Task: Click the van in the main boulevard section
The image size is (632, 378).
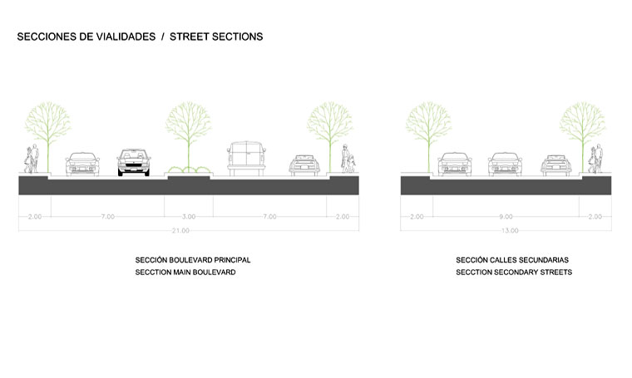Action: (x=248, y=158)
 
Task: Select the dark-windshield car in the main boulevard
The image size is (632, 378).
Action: (x=134, y=161)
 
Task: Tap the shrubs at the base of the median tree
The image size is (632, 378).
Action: (x=189, y=170)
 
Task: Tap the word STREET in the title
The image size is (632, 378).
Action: (x=191, y=37)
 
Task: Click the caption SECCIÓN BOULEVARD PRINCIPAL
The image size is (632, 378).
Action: (x=192, y=260)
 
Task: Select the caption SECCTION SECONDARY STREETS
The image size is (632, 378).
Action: (x=514, y=272)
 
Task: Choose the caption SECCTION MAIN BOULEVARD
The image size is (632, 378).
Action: (x=185, y=272)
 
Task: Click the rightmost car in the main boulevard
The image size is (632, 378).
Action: (x=304, y=164)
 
